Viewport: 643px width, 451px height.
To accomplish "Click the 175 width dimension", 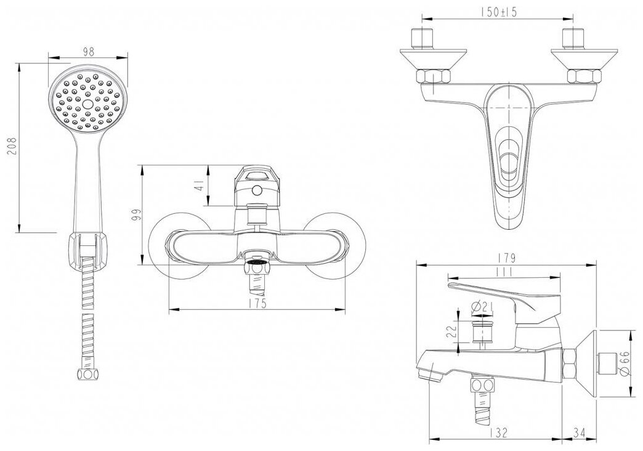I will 257,303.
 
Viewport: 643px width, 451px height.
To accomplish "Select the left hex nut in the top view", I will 434,77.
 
